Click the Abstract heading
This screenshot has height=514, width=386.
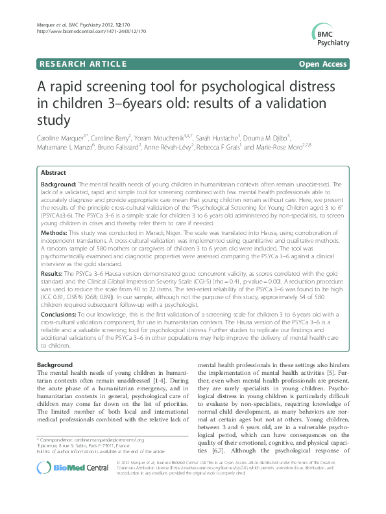point(53,173)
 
